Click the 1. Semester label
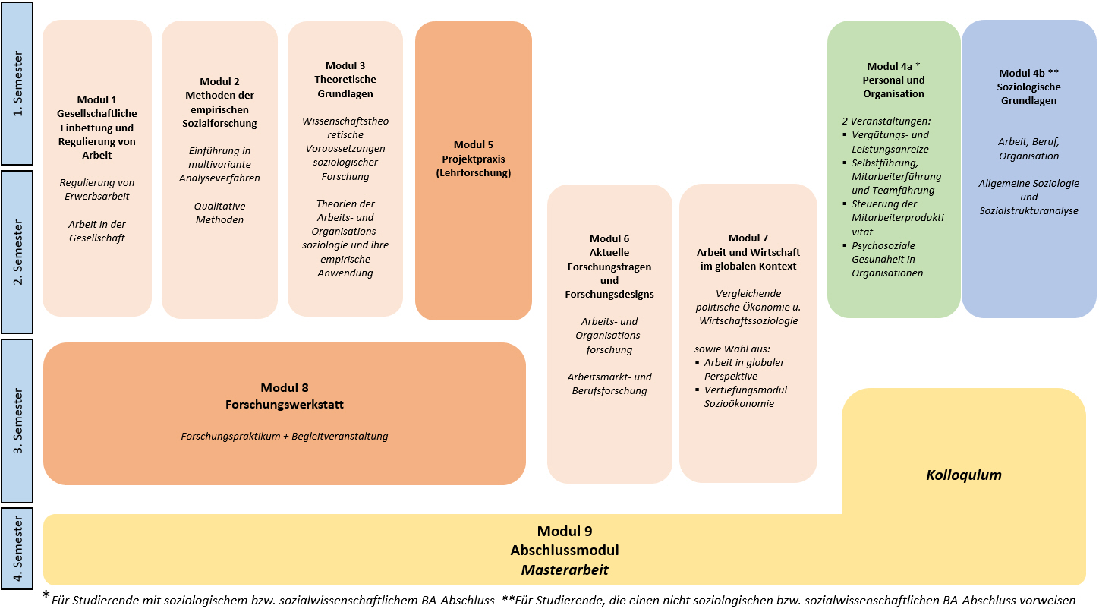point(17,84)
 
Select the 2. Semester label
point(17,251)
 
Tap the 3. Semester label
point(17,421)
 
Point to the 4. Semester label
point(17,547)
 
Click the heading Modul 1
point(97,99)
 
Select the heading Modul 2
point(220,81)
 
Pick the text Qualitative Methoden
point(220,213)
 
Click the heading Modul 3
point(345,65)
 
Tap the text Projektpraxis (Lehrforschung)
point(474,166)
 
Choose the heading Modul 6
point(609,238)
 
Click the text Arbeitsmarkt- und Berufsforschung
point(609,383)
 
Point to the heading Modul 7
point(748,238)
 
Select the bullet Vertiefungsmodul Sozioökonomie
point(745,396)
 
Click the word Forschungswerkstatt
point(285,405)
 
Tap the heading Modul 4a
point(893,66)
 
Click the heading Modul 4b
point(1028,73)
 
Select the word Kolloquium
point(964,475)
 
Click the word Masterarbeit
point(565,570)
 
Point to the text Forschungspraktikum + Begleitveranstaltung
point(285,437)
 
